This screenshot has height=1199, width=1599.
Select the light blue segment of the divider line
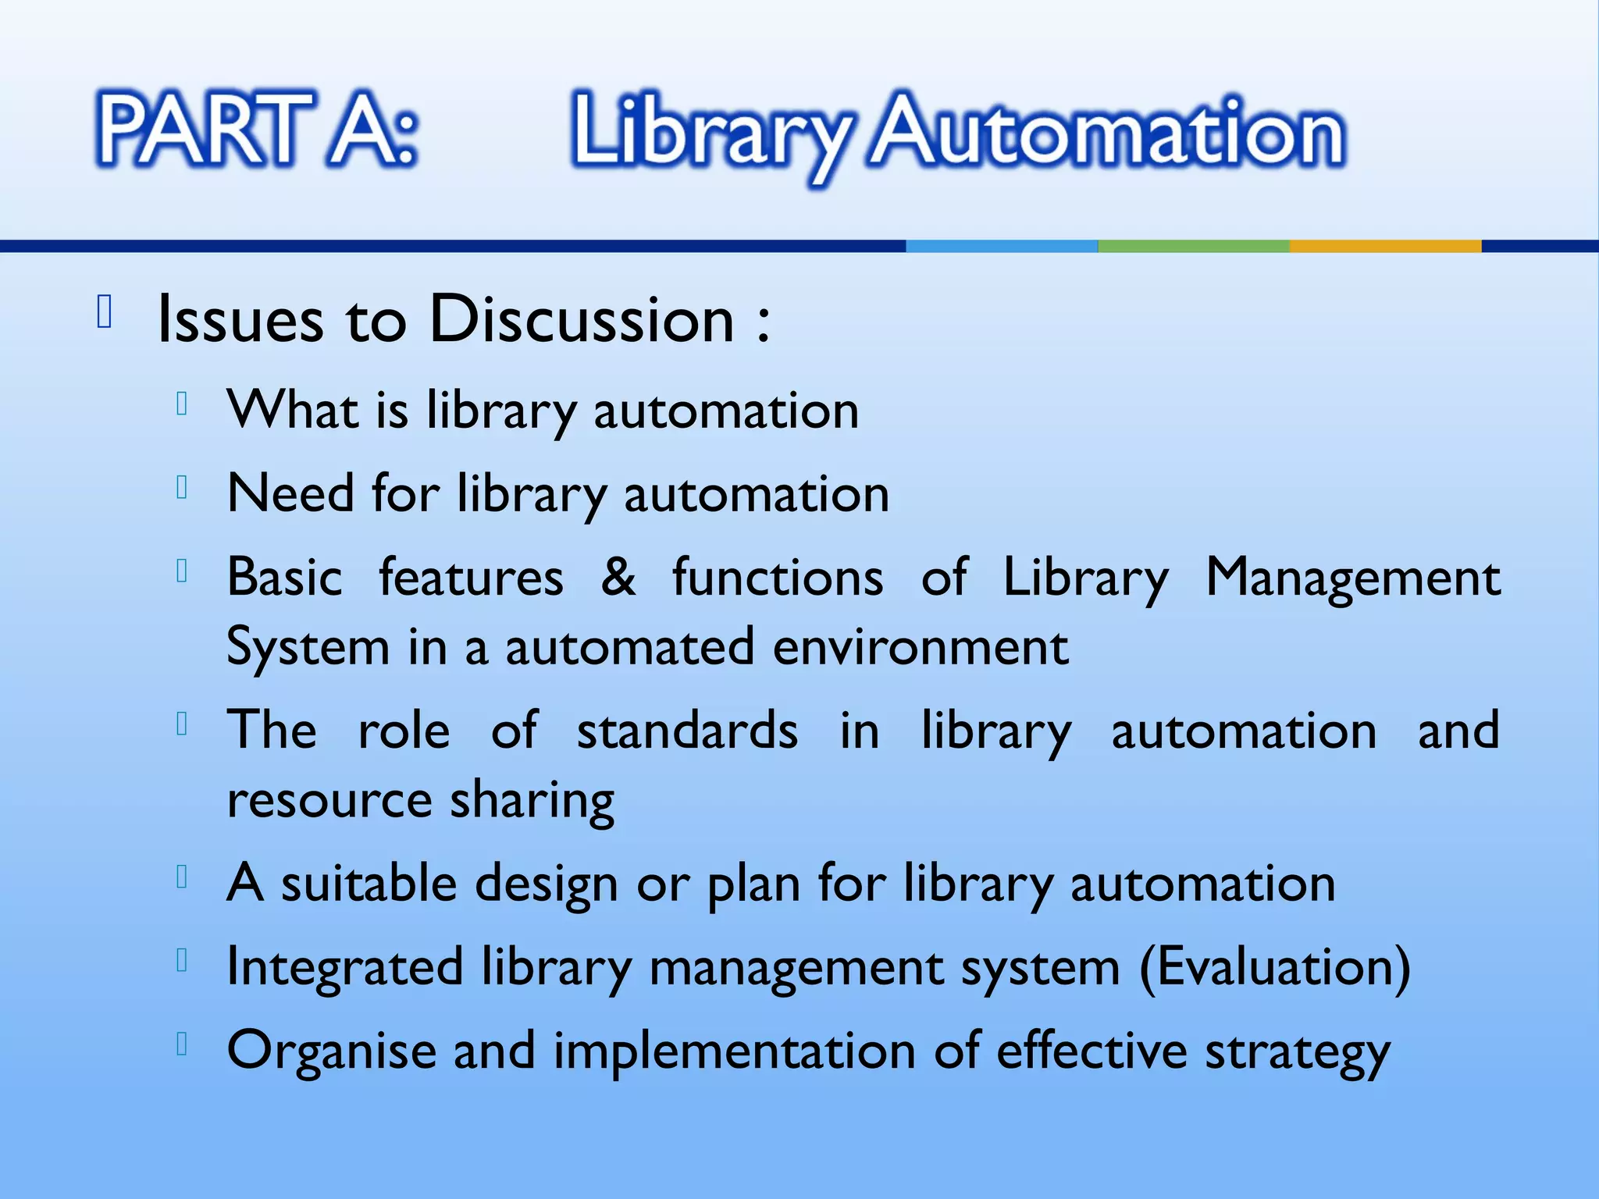(x=1002, y=246)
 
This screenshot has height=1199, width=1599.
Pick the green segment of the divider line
(x=1193, y=246)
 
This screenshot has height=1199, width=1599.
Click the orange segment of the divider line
(x=1385, y=246)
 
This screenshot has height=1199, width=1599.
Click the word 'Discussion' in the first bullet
(x=582, y=319)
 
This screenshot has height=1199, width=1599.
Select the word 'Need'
(x=290, y=493)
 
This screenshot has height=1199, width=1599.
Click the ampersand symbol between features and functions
(x=618, y=577)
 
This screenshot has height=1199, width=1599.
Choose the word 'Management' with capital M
(x=1352, y=578)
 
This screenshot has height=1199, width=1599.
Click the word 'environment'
(x=921, y=647)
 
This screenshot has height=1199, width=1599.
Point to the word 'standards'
(x=687, y=731)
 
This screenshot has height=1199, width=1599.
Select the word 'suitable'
(x=371, y=884)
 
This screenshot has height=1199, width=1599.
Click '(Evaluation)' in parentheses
(x=1275, y=967)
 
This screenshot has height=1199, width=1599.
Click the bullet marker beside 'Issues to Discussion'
(x=105, y=312)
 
